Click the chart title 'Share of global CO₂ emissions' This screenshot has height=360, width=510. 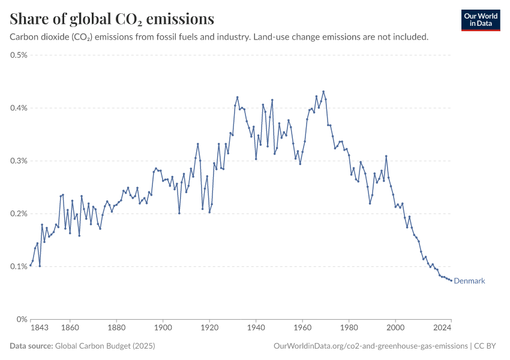(x=112, y=19)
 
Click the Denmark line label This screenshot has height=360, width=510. (x=469, y=281)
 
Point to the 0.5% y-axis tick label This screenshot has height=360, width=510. (x=19, y=55)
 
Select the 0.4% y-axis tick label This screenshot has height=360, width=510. (x=19, y=108)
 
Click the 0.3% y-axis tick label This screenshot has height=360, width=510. (x=19, y=161)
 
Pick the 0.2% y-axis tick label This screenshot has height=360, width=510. (x=19, y=214)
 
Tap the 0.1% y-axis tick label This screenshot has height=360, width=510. (x=19, y=266)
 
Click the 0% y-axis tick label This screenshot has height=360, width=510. (x=22, y=319)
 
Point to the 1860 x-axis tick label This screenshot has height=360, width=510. (x=70, y=328)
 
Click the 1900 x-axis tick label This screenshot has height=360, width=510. (x=163, y=328)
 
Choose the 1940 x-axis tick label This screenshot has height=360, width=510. (x=256, y=328)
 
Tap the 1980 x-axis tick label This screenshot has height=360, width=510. (x=349, y=328)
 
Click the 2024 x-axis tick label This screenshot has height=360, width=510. (x=442, y=328)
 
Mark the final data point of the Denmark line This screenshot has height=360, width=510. (x=451, y=280)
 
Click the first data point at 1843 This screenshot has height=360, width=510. (x=31, y=265)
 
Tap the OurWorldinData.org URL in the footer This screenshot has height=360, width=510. (x=370, y=346)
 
